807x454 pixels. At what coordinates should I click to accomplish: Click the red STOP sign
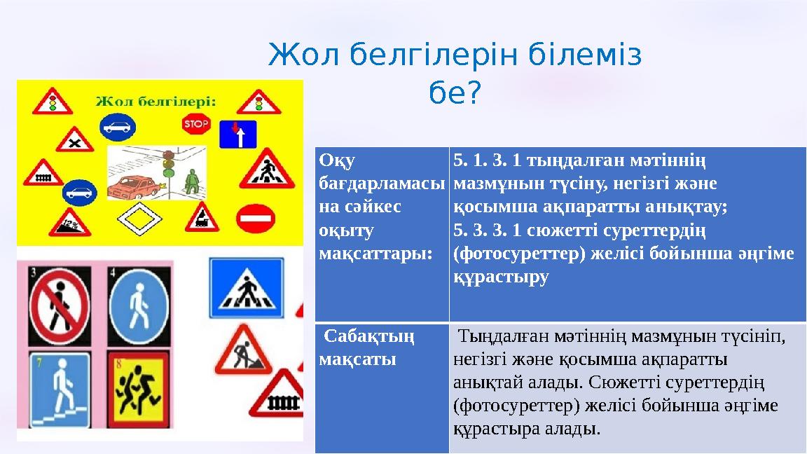196,125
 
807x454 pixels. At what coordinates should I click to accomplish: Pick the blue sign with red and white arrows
239,133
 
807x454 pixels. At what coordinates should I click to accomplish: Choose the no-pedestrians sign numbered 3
59,306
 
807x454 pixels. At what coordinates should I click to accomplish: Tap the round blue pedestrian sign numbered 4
137,306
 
